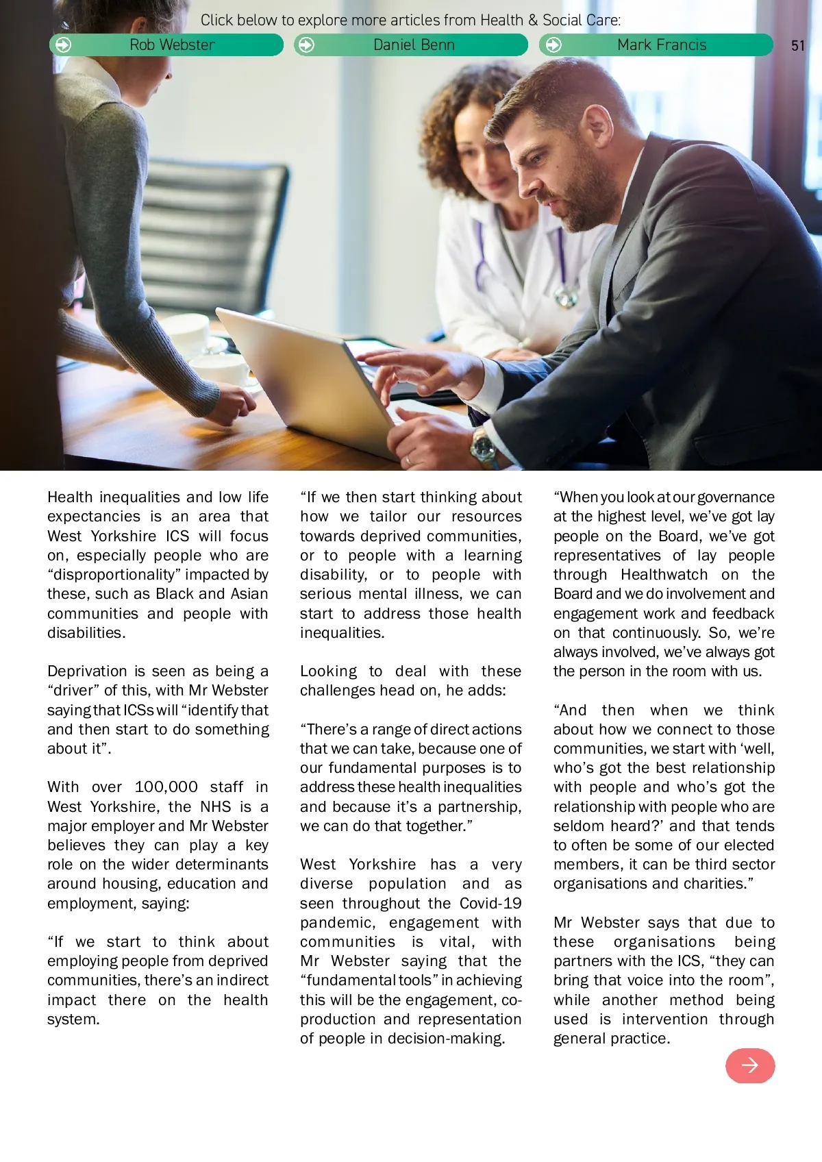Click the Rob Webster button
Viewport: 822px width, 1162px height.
coord(166,45)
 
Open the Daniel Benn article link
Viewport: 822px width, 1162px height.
coord(411,45)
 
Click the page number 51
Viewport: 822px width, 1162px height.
coord(797,46)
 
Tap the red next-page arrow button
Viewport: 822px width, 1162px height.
coord(750,1065)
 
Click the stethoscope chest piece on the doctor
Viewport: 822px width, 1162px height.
coord(566,297)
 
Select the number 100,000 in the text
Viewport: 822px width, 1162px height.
coord(166,787)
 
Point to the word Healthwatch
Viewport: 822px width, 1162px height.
coord(664,575)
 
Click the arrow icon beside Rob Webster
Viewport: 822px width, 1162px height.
coord(63,45)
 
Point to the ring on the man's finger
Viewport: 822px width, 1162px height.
coord(409,460)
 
